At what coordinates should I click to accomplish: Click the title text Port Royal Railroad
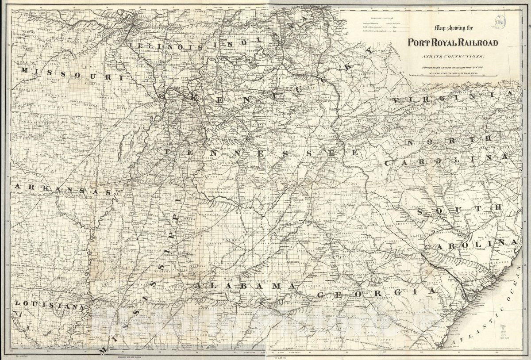click(453, 43)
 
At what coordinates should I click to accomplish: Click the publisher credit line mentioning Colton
click(453, 66)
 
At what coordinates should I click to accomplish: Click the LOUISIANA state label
click(49, 304)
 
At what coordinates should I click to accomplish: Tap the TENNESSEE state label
click(261, 153)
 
